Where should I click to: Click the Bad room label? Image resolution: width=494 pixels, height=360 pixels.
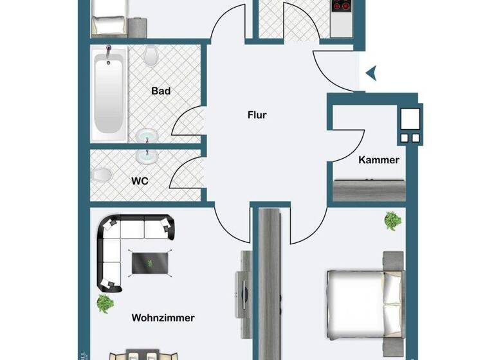click(x=161, y=91)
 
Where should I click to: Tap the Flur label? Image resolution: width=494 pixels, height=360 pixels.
click(x=257, y=116)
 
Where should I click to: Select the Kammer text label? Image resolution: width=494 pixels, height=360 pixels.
click(x=378, y=160)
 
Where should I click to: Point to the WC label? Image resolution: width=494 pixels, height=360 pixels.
click(x=140, y=181)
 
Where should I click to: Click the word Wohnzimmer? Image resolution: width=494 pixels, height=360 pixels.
click(x=163, y=318)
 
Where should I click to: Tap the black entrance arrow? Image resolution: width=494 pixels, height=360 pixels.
click(x=370, y=75)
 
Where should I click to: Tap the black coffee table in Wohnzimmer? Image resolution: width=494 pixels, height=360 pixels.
click(x=151, y=262)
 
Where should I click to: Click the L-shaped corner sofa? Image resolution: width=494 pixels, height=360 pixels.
click(x=122, y=244)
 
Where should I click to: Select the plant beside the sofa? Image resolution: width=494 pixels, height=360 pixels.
click(x=105, y=301)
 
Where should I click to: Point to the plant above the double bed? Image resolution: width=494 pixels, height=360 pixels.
click(x=392, y=221)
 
